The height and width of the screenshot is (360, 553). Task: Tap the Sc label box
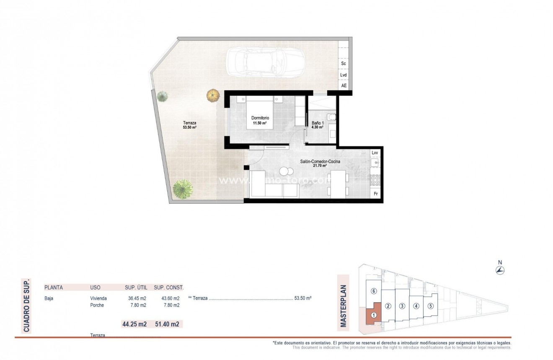[344, 64]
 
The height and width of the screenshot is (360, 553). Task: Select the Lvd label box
[344, 75]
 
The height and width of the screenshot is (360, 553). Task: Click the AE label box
[344, 85]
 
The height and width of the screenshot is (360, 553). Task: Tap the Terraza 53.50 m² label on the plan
[190, 125]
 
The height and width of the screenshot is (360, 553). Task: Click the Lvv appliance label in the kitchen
[375, 153]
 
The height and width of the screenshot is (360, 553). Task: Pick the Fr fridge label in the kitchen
[375, 194]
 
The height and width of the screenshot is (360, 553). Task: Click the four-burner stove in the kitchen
[375, 180]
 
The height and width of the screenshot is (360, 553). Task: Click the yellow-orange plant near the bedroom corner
[213, 95]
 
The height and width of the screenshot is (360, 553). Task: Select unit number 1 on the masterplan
[373, 316]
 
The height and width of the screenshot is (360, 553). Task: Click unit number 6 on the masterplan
[374, 291]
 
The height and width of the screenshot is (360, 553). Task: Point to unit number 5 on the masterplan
[430, 306]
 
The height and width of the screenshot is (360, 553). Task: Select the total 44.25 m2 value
[134, 324]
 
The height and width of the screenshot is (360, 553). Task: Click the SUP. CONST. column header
[168, 287]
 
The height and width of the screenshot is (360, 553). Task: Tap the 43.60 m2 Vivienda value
[171, 298]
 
